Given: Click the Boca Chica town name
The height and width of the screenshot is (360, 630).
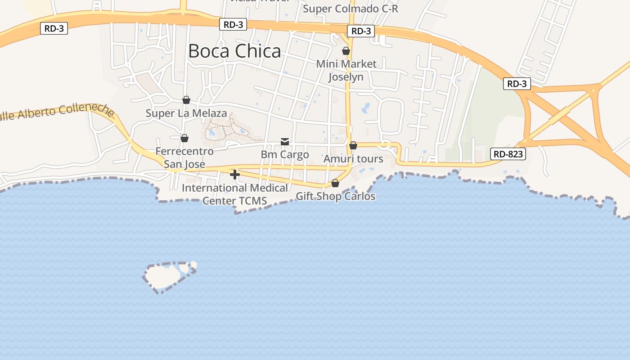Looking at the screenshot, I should click(234, 51).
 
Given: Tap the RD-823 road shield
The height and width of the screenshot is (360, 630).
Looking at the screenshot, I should click(508, 154).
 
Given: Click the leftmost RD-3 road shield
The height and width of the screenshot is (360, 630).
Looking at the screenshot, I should click(54, 28).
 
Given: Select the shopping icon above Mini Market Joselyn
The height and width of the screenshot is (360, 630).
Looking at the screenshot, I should click(346, 51).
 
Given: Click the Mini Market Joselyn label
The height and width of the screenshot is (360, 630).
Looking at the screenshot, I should click(346, 70).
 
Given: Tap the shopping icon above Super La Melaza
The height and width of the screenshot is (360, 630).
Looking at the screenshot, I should click(186, 100).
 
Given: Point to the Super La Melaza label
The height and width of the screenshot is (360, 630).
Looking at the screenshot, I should click(186, 113).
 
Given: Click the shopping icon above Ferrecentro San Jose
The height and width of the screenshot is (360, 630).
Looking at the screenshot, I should click(184, 138).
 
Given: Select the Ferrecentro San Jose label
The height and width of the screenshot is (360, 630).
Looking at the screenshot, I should click(184, 157).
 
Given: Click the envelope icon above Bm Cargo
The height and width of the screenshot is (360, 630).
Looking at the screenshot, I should click(285, 142).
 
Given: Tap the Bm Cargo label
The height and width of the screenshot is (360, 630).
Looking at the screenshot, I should click(285, 154).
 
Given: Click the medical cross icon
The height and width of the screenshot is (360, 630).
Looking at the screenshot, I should click(234, 175).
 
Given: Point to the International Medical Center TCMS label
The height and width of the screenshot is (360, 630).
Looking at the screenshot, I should click(234, 194).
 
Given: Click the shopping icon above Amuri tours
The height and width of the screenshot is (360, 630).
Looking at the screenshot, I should click(353, 145).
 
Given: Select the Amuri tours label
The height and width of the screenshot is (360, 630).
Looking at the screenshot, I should click(353, 158).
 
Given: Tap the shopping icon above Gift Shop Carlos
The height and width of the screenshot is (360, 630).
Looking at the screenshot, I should click(335, 183).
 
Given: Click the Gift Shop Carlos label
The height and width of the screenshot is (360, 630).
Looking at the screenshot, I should click(335, 196).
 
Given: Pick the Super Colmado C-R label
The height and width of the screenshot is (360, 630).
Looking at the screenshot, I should click(351, 9).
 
